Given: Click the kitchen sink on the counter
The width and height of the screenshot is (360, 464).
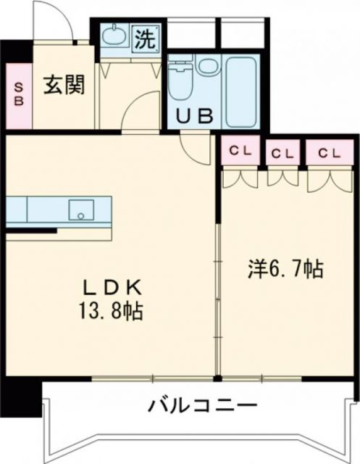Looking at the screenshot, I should (81, 210).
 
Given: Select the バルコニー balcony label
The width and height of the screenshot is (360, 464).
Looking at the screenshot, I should (202, 404).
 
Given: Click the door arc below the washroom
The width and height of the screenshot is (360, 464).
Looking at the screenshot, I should (138, 116).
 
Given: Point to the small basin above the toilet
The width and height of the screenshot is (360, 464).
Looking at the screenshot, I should (206, 67).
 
